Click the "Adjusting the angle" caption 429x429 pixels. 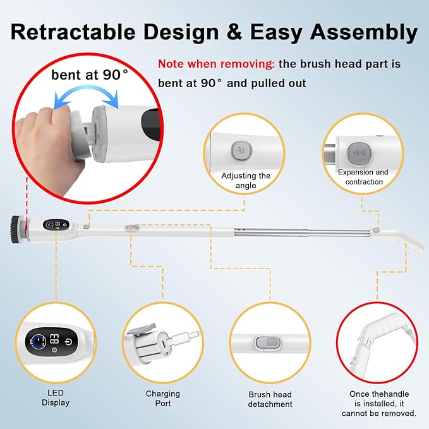click(x=246, y=181)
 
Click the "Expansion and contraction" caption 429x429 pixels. click(x=363, y=177)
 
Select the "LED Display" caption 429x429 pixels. click(x=56, y=398)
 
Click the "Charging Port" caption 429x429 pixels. click(x=162, y=398)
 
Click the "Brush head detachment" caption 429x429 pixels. click(x=270, y=399)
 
